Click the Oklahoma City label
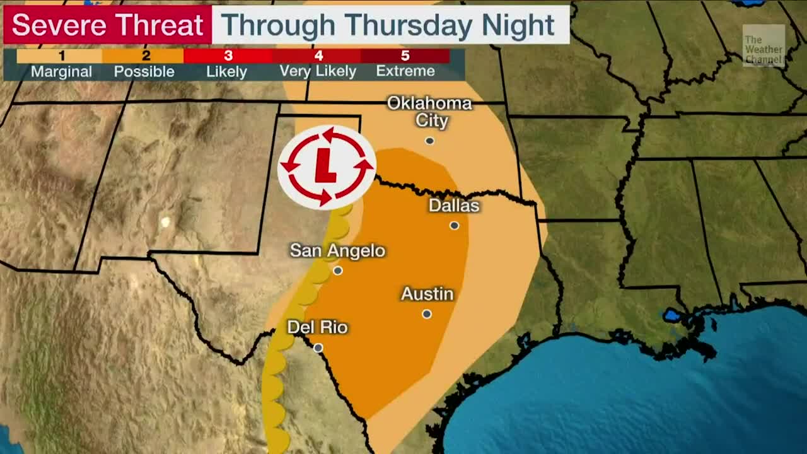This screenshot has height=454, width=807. (x=429, y=112)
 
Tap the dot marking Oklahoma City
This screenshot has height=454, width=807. (x=429, y=141)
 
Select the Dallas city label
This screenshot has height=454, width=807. (x=454, y=206)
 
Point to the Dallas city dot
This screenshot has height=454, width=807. (x=454, y=225)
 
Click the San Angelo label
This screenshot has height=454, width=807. (x=337, y=250)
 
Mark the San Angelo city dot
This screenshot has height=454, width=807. (x=338, y=271)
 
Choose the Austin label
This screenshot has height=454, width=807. (x=427, y=294)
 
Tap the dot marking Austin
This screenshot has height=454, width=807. (x=427, y=314)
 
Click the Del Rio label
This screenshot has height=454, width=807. (x=317, y=327)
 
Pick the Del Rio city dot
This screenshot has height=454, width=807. (x=318, y=347)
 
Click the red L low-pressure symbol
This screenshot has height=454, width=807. (x=326, y=167)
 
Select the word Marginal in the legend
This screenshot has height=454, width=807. (x=61, y=71)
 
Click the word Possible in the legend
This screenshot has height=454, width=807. (x=144, y=71)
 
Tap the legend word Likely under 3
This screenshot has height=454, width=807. (x=226, y=71)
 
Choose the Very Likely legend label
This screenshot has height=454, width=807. (x=318, y=71)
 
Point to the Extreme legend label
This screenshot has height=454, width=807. (x=405, y=71)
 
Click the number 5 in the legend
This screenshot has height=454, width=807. (x=405, y=56)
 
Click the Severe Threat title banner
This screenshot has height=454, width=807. (x=107, y=25)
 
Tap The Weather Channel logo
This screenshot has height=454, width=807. (x=763, y=46)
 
